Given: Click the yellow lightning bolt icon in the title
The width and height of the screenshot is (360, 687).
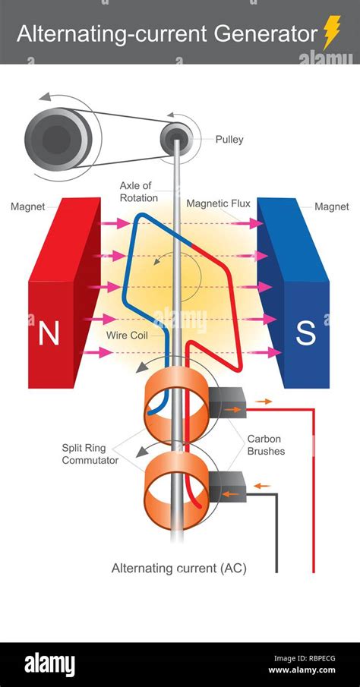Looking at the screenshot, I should tap(331, 33).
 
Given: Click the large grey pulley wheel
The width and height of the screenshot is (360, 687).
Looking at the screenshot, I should tap(57, 138).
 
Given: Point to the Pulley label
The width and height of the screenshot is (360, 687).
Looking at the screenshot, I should tap(229, 140).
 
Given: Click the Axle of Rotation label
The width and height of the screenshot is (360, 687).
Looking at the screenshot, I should tap(138, 192).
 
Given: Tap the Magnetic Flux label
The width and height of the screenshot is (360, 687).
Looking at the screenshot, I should tap(218, 203).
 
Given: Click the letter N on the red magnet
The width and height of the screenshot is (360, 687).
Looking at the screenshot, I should tap(49, 335).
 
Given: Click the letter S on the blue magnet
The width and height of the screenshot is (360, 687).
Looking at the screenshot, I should tap(305, 335).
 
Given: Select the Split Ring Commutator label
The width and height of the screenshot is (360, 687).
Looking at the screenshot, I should tap(90, 454).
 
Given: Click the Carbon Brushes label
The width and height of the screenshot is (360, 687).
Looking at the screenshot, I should tap(266, 446).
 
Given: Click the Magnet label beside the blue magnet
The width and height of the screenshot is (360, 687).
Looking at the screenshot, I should tap(331, 206).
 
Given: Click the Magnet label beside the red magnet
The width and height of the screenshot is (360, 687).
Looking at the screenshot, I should tap(29, 206).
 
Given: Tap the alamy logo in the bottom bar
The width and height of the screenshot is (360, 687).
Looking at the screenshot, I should tap(50, 665).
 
